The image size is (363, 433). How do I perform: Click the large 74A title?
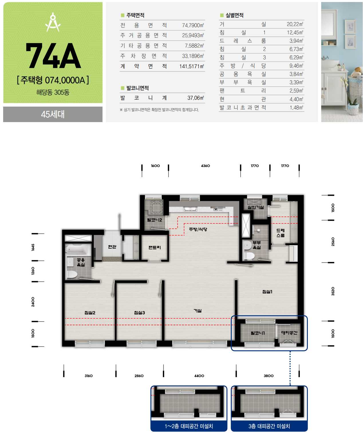(x=53, y=56)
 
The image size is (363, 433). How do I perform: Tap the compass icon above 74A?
(x=53, y=22)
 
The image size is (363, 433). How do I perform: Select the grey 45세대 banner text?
(x=53, y=114)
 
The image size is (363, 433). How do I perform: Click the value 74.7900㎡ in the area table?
(x=193, y=25)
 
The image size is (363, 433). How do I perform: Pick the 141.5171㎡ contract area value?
(x=192, y=66)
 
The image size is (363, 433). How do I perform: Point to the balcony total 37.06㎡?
(x=195, y=98)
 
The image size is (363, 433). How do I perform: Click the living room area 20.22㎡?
(x=295, y=24)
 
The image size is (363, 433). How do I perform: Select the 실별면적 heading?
(x=234, y=15)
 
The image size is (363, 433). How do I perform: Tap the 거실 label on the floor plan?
(x=198, y=311)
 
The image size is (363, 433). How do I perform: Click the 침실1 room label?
(x=267, y=291)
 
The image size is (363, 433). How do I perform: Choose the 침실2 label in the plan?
(x=90, y=313)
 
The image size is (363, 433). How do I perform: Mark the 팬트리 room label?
(x=155, y=247)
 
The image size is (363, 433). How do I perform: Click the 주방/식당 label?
(x=198, y=229)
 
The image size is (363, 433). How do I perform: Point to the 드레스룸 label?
(x=280, y=233)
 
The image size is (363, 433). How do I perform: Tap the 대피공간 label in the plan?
(x=289, y=333)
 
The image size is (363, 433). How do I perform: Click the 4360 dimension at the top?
(x=205, y=166)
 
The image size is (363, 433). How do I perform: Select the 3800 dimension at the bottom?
(x=269, y=376)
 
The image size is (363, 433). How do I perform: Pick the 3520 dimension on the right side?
(x=333, y=291)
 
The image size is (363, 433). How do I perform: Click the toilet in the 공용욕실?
(x=72, y=275)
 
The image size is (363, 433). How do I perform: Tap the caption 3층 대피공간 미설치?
(x=269, y=426)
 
